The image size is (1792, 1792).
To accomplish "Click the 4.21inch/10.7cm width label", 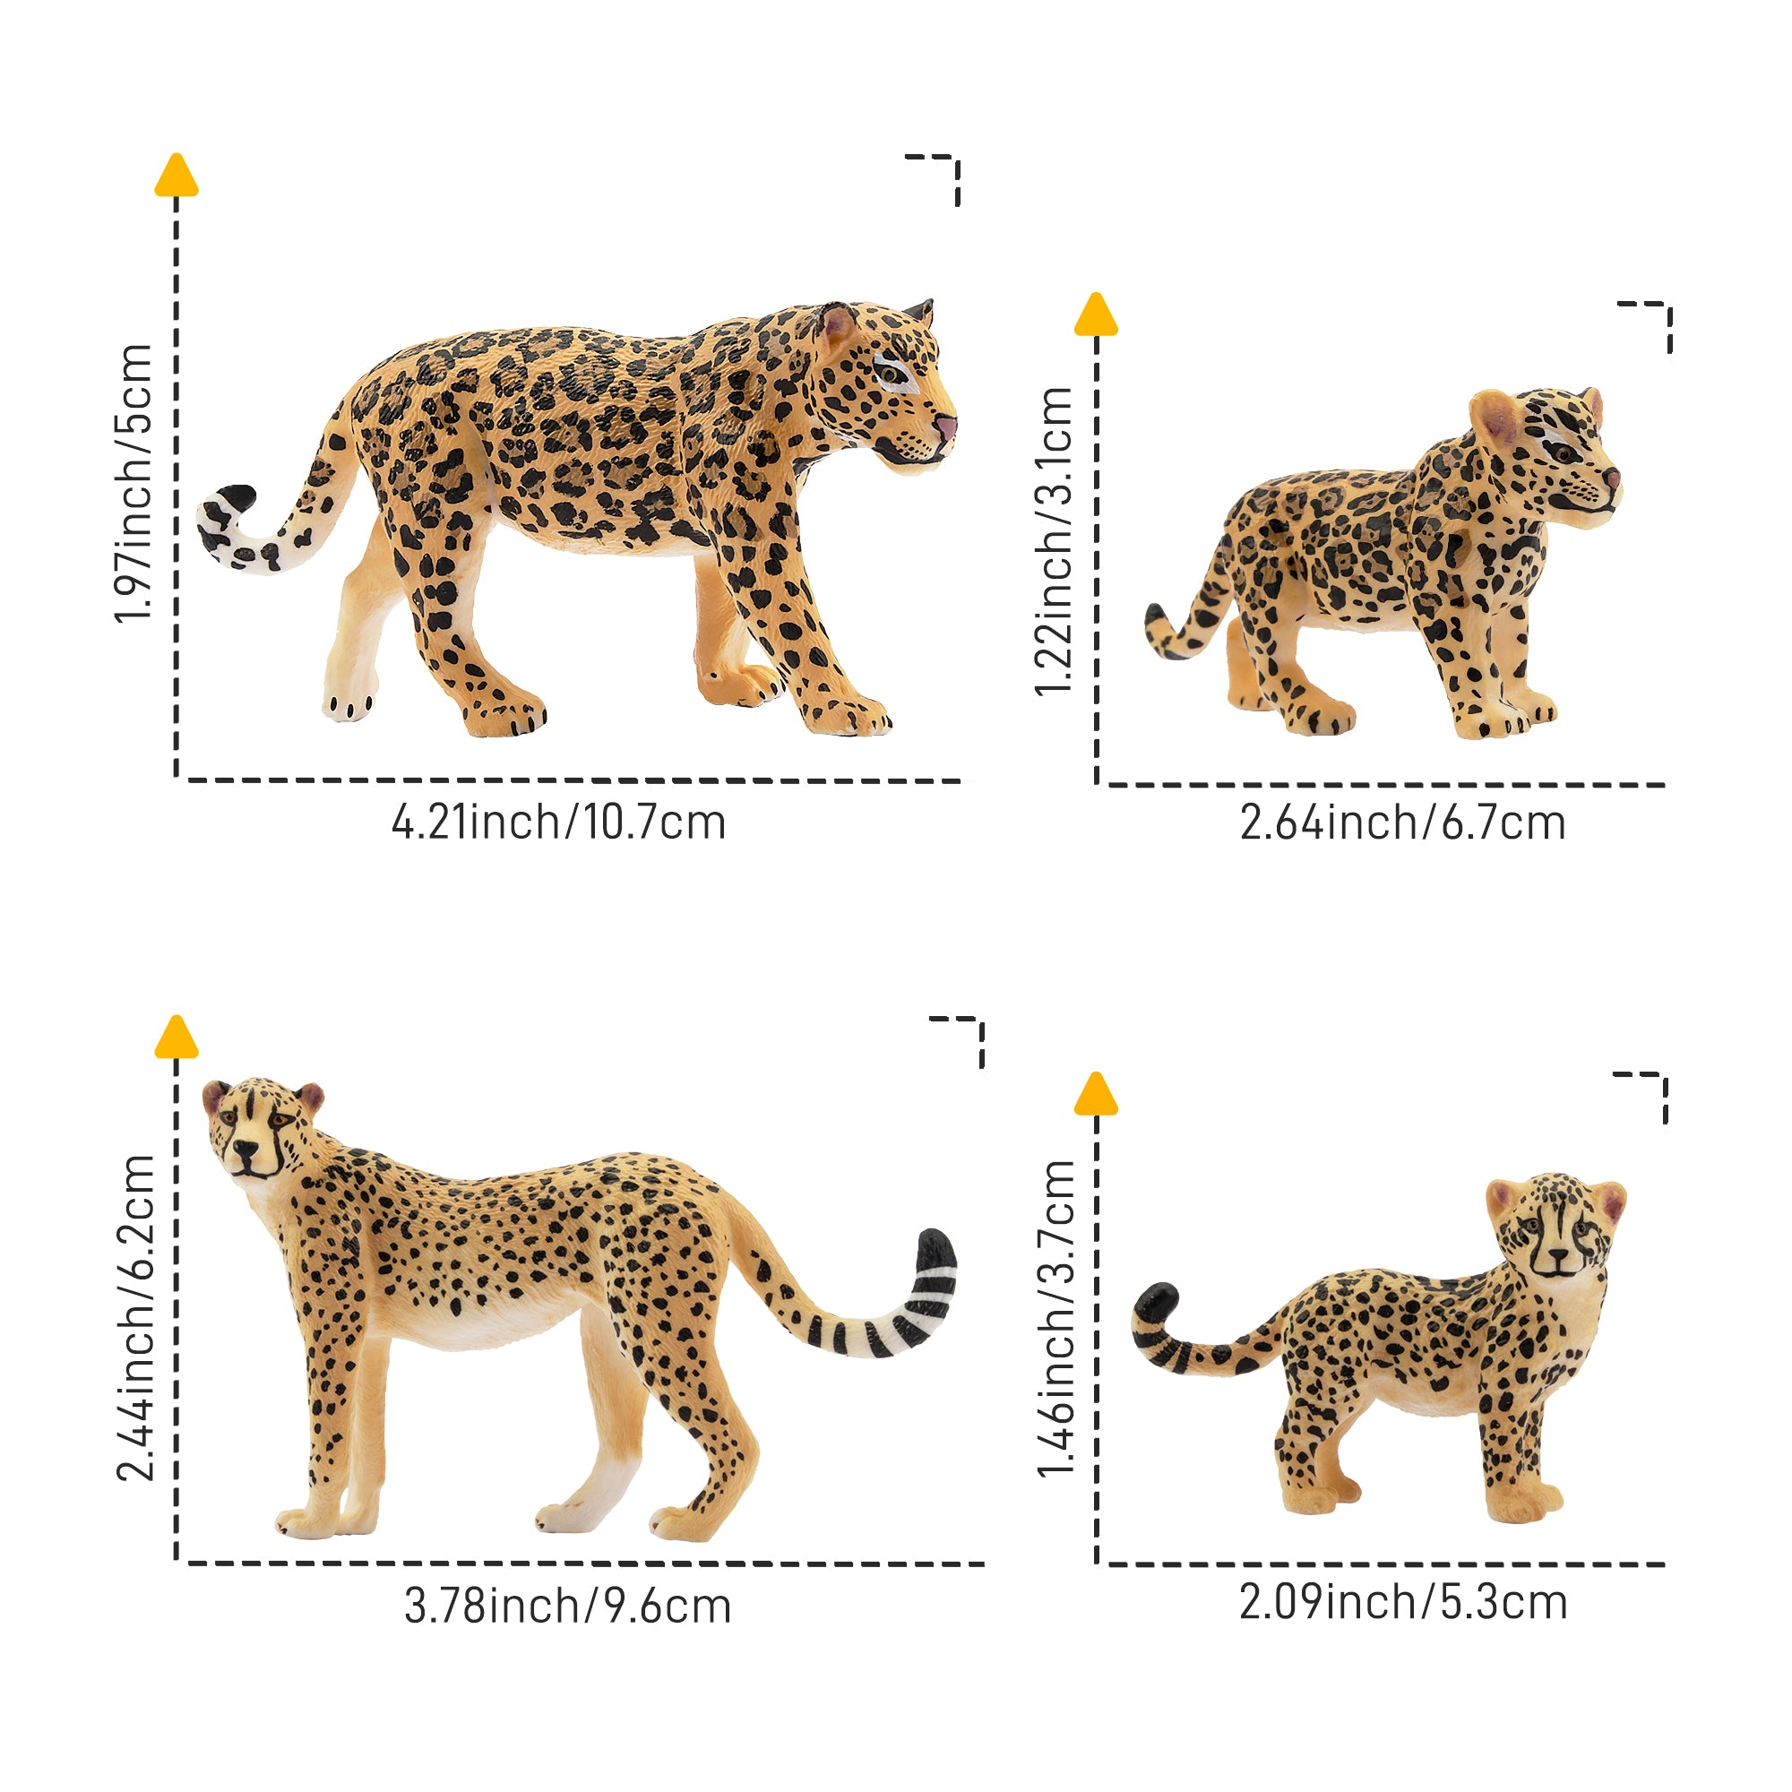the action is pos(558,823).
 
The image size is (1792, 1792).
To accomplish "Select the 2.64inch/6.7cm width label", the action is pos(1402,823).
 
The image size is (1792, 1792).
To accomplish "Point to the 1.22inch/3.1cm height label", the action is pos(1054,541).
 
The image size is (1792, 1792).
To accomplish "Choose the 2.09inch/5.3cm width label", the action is pos(1403,1602).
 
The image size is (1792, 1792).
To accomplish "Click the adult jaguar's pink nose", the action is pos(945,428).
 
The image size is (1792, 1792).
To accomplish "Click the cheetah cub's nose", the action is pos(1558,1257).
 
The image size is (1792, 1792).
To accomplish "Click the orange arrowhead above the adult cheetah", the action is pos(177,1036).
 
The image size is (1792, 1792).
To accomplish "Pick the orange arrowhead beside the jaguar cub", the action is pos(1096,314).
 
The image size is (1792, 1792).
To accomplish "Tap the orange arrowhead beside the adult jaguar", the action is pos(177,176).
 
